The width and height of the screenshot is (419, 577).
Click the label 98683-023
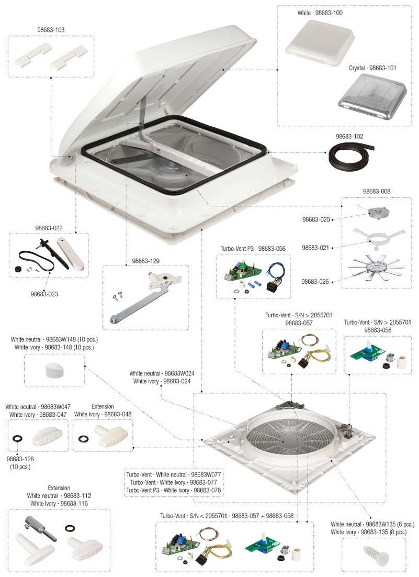(x=44, y=294)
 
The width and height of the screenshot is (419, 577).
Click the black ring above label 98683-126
(x=17, y=438)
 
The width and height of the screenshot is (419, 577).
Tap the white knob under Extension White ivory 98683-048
(x=105, y=434)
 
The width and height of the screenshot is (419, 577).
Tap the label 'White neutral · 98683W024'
(x=163, y=373)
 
